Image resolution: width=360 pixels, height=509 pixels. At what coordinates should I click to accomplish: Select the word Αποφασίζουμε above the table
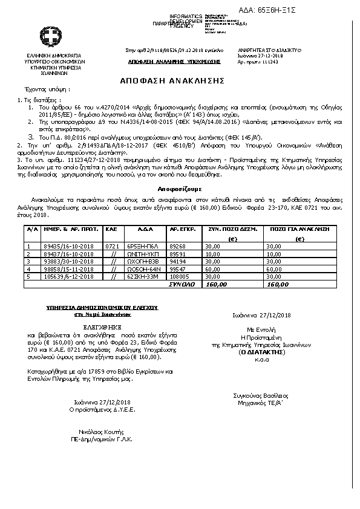[180, 189]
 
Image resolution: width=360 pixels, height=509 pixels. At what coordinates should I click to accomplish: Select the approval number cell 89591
[178, 254]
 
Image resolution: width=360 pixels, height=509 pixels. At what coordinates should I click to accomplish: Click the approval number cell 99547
[178, 269]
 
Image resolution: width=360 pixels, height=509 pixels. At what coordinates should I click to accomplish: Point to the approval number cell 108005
[178, 276]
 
